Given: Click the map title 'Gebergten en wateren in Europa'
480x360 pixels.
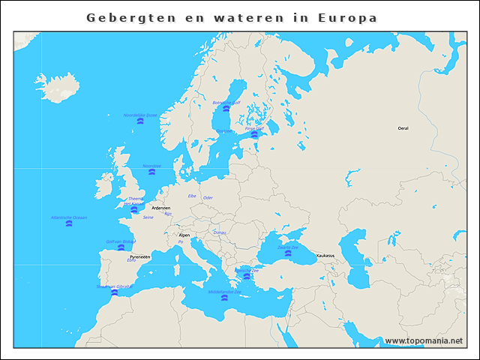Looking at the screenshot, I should click(x=232, y=17).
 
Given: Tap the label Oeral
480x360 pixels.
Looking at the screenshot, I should click(x=403, y=128).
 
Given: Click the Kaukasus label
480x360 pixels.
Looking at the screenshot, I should click(x=325, y=256).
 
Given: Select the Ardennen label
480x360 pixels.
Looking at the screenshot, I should click(x=160, y=208).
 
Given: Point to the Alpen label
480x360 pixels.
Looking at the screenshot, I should click(x=184, y=235).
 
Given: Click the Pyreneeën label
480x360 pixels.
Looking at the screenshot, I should click(x=139, y=256).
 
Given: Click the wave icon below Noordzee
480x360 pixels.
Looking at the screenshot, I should click(x=151, y=172).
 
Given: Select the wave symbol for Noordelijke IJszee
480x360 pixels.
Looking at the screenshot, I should click(x=140, y=121).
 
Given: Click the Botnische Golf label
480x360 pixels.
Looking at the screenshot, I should click(x=226, y=103).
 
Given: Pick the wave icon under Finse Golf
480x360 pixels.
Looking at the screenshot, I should click(x=254, y=134).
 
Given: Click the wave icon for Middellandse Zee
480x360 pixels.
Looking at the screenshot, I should click(x=224, y=298).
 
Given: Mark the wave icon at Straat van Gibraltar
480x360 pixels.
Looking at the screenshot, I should click(x=114, y=292).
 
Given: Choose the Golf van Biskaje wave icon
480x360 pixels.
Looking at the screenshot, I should click(x=121, y=247).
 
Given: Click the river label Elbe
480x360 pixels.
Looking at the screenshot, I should click(x=192, y=196).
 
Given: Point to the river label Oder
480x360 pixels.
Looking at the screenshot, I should click(x=208, y=198).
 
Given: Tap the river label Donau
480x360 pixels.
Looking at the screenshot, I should click(x=220, y=232).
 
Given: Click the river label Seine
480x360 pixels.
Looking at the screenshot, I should click(x=148, y=217).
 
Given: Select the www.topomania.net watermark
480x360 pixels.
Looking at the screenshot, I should click(x=423, y=340).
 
